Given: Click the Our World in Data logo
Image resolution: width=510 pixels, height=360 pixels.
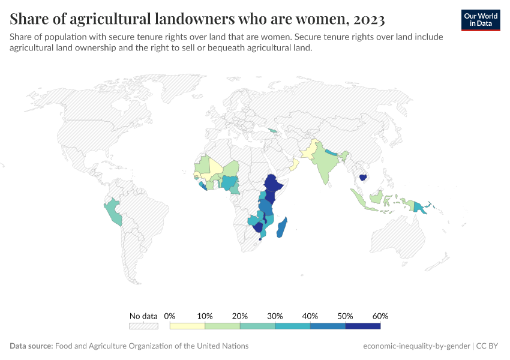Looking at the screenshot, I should pos(480,20).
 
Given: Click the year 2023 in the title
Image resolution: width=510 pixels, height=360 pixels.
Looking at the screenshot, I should pos(366,19).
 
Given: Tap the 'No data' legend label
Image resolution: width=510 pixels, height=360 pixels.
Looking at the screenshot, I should pos(143,316).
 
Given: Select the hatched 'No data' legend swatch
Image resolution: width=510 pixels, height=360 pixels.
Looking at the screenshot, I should pos(143,326).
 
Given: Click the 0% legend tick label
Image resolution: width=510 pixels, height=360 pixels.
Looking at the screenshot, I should pos(170,316).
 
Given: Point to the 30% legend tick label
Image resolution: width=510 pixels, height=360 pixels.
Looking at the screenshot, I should pos(275,316).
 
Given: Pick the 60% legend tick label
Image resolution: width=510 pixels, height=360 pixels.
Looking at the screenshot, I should pos(380,316).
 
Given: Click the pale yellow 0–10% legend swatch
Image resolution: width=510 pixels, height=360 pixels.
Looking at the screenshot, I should pos(187,326).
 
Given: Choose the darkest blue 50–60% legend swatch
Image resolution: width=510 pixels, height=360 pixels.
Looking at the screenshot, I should pos(362,326).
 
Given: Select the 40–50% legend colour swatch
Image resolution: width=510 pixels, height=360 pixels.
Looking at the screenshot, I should pos(328,326).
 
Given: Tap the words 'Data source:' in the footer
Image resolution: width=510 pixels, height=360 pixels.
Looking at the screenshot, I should pos(31,346).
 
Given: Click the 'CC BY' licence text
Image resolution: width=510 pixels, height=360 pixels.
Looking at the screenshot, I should pos(488,346).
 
